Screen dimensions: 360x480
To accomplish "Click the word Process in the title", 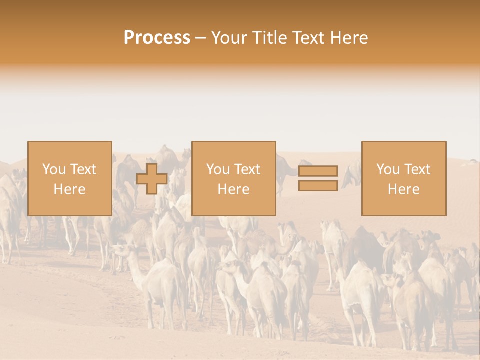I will (x=157, y=38).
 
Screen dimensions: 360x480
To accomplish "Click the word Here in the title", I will (x=350, y=38).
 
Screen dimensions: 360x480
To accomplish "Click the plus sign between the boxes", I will (x=152, y=179).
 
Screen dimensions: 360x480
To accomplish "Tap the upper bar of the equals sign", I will (x=318, y=171).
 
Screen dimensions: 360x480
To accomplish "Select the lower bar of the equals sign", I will (x=318, y=185).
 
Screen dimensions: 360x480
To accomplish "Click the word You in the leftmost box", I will (x=53, y=169).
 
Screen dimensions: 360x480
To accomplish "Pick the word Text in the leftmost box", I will (x=82, y=169).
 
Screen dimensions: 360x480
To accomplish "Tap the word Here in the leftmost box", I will (x=69, y=189).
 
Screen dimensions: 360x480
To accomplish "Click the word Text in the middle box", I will (x=246, y=169).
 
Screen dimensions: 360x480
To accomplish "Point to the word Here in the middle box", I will (x=233, y=189).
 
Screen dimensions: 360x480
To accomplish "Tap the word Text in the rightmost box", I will (x=416, y=169).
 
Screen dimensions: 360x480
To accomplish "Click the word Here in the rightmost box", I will (x=403, y=189).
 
